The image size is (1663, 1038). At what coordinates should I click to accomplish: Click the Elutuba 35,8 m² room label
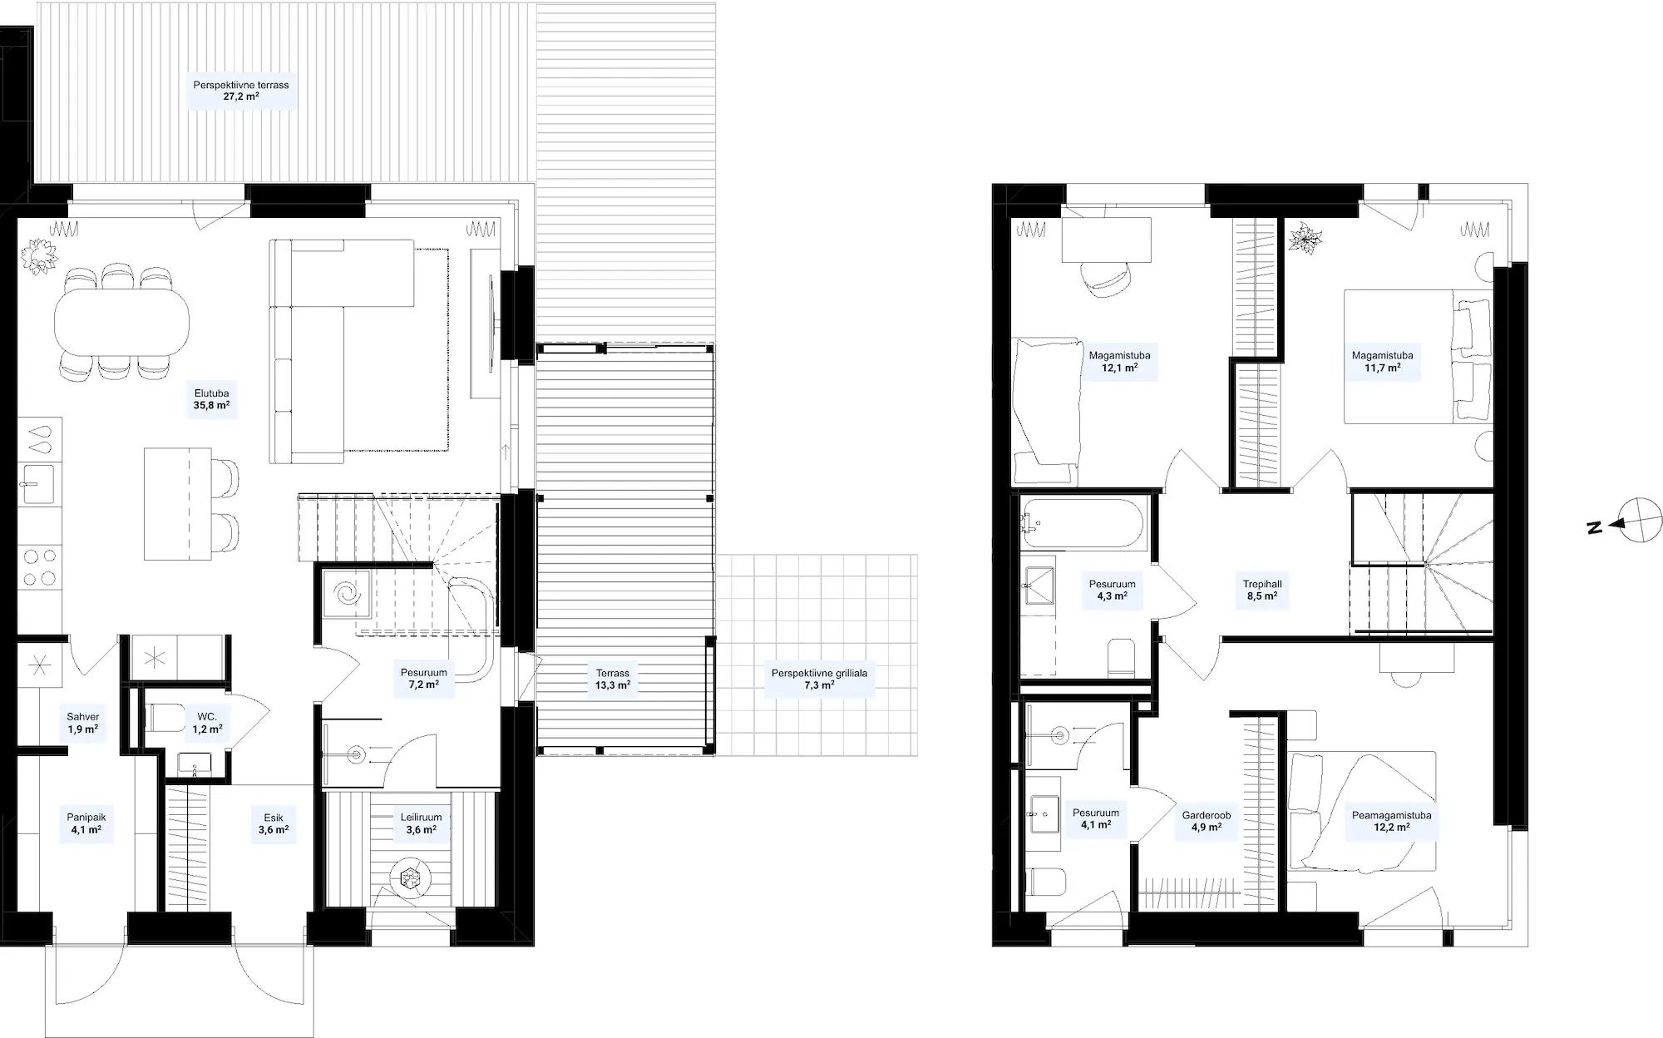(211, 400)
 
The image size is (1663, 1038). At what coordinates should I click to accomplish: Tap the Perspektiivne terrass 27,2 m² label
(241, 91)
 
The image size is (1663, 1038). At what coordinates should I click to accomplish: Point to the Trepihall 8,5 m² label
(1262, 590)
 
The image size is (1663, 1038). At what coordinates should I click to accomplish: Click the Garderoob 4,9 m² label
(1207, 821)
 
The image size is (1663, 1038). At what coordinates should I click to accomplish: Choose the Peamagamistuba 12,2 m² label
(1391, 821)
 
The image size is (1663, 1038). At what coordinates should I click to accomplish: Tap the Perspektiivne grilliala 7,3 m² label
(819, 679)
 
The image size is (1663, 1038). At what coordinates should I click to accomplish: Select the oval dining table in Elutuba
(121, 320)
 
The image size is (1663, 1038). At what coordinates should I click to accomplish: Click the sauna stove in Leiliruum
(410, 877)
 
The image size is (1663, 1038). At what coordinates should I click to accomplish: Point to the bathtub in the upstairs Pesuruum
(1083, 521)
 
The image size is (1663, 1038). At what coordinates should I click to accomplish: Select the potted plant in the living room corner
(38, 255)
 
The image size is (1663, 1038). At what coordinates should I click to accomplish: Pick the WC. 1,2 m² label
(207, 723)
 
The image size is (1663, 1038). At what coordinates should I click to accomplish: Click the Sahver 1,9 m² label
(83, 723)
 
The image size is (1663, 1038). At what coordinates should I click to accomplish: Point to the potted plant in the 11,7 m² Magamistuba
(1305, 239)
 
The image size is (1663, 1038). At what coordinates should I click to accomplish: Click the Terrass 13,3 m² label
(613, 679)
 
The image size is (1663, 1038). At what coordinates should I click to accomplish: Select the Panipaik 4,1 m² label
(86, 823)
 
